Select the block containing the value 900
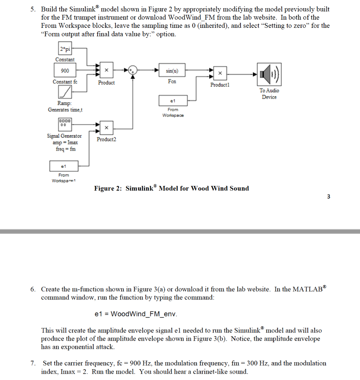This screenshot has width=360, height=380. tap(65, 71)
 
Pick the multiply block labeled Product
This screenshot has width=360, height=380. tap(106, 70)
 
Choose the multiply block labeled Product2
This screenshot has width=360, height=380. tap(106, 128)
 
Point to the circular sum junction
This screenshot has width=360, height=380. tap(133, 70)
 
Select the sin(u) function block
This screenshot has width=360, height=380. tap(172, 70)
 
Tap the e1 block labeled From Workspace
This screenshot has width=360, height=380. tap(172, 101)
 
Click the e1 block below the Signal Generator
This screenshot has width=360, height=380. tap(63, 166)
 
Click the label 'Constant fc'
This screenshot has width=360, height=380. tap(65, 82)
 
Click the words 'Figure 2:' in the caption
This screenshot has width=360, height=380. tap(108, 189)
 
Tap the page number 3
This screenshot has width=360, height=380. tap(328, 197)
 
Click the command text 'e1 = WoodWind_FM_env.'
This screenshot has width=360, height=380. tap(136, 314)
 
